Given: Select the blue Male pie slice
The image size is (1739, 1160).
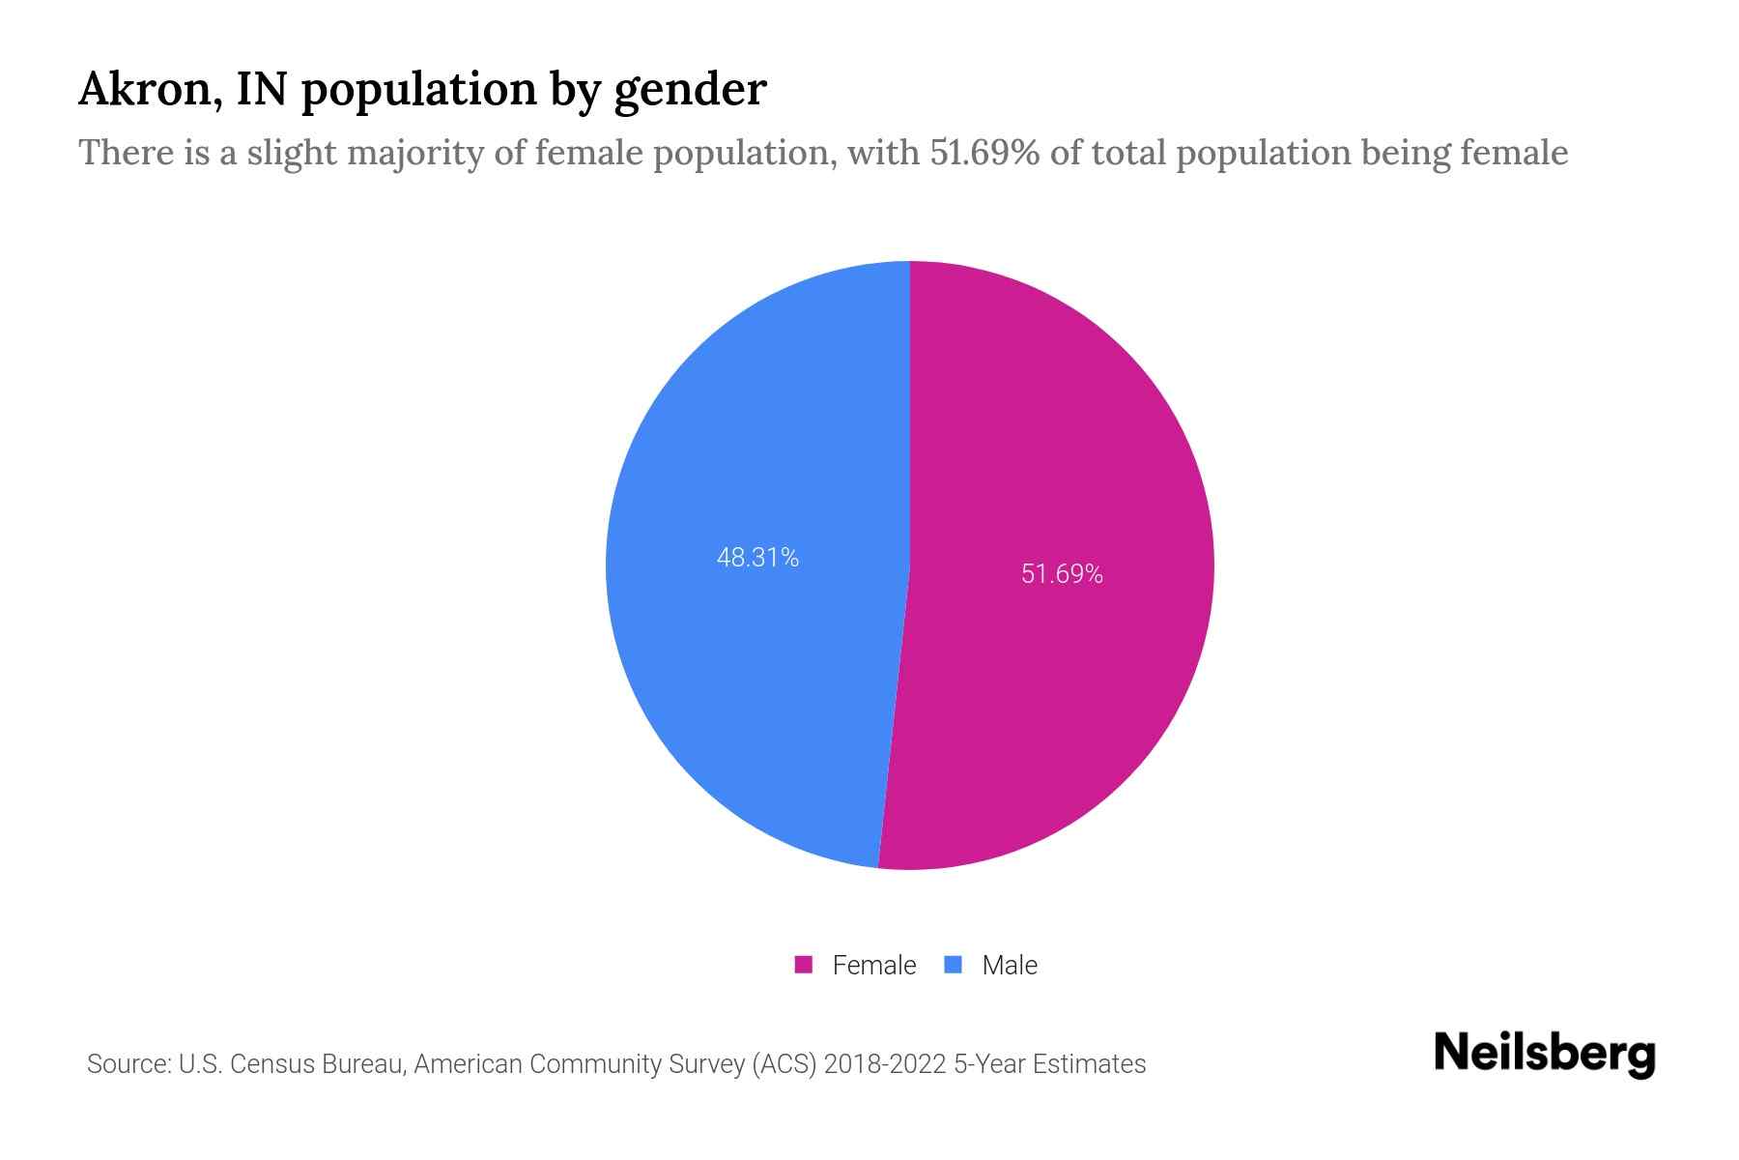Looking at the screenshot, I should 754,677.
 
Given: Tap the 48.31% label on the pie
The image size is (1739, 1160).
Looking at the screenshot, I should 757,558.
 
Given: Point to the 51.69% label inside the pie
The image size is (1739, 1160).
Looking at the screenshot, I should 1062,574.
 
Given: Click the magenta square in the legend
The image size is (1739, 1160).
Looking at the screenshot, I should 803,965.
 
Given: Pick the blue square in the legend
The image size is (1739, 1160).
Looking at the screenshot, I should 954,965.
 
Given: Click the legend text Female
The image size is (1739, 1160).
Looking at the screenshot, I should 873,965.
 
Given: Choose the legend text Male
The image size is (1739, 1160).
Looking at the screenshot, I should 1009,965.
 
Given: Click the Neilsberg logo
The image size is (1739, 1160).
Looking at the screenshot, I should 1544,1054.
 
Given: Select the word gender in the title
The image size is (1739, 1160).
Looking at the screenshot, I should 690,90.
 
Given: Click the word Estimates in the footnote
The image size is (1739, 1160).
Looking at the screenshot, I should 1089,1064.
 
